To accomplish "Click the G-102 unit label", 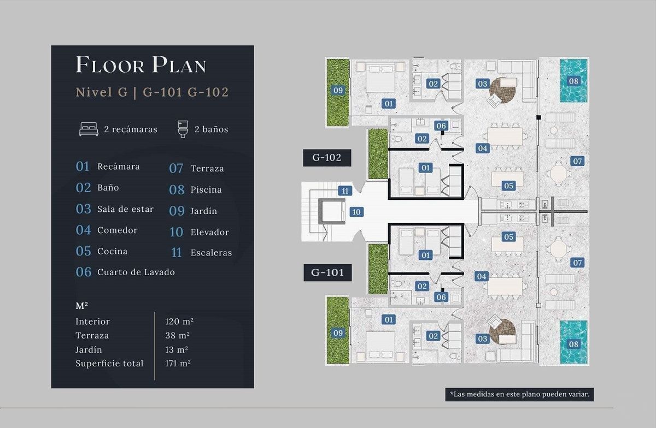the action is tap(327, 158).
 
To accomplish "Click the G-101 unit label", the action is tap(327, 272).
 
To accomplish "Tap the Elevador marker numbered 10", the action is tap(356, 212).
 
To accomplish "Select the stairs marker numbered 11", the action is tap(345, 191).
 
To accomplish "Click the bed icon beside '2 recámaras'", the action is tap(89, 129).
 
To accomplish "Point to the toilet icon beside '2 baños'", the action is tap(183, 129).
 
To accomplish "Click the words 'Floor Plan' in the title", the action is tap(141, 64).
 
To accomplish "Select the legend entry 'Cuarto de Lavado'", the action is tap(136, 272).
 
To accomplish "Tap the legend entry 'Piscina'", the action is tap(206, 189).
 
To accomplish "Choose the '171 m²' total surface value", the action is tap(178, 364).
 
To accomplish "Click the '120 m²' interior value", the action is tap(179, 321).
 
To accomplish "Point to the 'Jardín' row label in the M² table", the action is tap(89, 349).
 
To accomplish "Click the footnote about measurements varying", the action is tap(519, 394).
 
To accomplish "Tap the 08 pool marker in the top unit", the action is tap(573, 81).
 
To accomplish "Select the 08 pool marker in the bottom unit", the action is tap(573, 344).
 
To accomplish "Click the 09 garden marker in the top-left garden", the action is tap(338, 90).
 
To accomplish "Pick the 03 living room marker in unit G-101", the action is tap(482, 339).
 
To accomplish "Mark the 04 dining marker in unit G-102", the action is tap(482, 148).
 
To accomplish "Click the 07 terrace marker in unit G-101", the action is tap(577, 263).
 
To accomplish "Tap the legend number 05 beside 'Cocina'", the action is tap(84, 251).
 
